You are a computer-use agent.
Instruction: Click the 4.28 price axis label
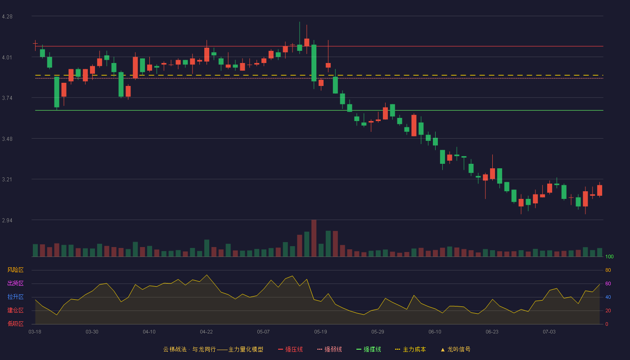click(x=7, y=17)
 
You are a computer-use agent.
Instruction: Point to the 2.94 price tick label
click(x=7, y=220)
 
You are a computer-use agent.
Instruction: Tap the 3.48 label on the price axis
click(x=7, y=139)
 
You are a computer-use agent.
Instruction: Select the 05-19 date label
click(x=320, y=332)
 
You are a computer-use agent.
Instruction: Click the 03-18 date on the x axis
click(x=35, y=332)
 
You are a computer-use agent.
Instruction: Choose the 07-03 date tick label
click(x=549, y=332)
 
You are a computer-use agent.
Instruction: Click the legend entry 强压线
click(x=290, y=349)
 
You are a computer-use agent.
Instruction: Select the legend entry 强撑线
click(x=369, y=349)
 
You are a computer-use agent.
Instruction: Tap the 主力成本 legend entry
click(x=410, y=349)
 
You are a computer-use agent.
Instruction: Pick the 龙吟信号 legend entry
click(x=455, y=349)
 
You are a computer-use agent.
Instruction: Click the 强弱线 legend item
click(x=329, y=349)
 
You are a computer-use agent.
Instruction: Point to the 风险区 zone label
click(x=15, y=270)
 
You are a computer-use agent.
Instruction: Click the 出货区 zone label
click(x=15, y=283)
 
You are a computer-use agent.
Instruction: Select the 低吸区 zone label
click(x=15, y=324)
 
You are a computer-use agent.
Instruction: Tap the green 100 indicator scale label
click(x=609, y=256)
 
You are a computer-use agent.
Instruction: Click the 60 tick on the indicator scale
click(x=608, y=283)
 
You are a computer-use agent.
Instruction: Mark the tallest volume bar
click(x=314, y=238)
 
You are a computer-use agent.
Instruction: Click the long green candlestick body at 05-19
click(x=314, y=63)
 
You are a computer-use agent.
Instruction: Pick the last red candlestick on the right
click(x=599, y=190)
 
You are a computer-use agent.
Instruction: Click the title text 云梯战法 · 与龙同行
click(x=189, y=349)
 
